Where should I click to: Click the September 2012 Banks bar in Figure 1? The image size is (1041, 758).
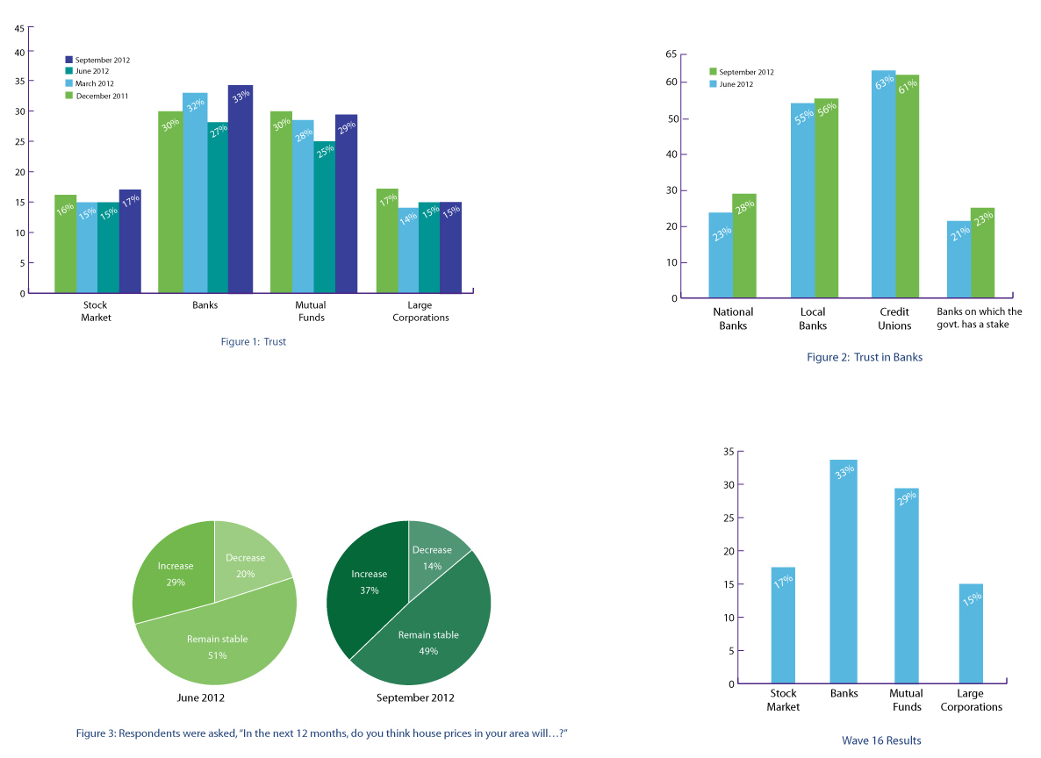pos(240,189)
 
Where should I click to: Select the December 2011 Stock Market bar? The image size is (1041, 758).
pos(65,244)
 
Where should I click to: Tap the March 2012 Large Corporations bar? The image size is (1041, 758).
pos(408,250)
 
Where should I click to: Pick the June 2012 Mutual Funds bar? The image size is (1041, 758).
pos(324,217)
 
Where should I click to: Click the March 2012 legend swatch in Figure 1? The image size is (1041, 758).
pos(69,84)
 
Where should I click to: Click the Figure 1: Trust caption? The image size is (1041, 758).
pos(253,342)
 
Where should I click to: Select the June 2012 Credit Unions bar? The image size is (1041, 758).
pos(883,184)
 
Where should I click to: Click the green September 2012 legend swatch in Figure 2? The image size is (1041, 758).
pos(713,72)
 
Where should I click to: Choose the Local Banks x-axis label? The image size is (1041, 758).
pos(813,318)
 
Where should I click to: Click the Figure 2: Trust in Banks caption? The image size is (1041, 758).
pos(865,357)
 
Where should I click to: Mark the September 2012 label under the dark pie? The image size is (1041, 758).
pos(415,698)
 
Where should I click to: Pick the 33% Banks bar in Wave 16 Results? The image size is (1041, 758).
pos(844,571)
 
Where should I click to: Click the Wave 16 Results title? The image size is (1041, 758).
pos(881,740)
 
